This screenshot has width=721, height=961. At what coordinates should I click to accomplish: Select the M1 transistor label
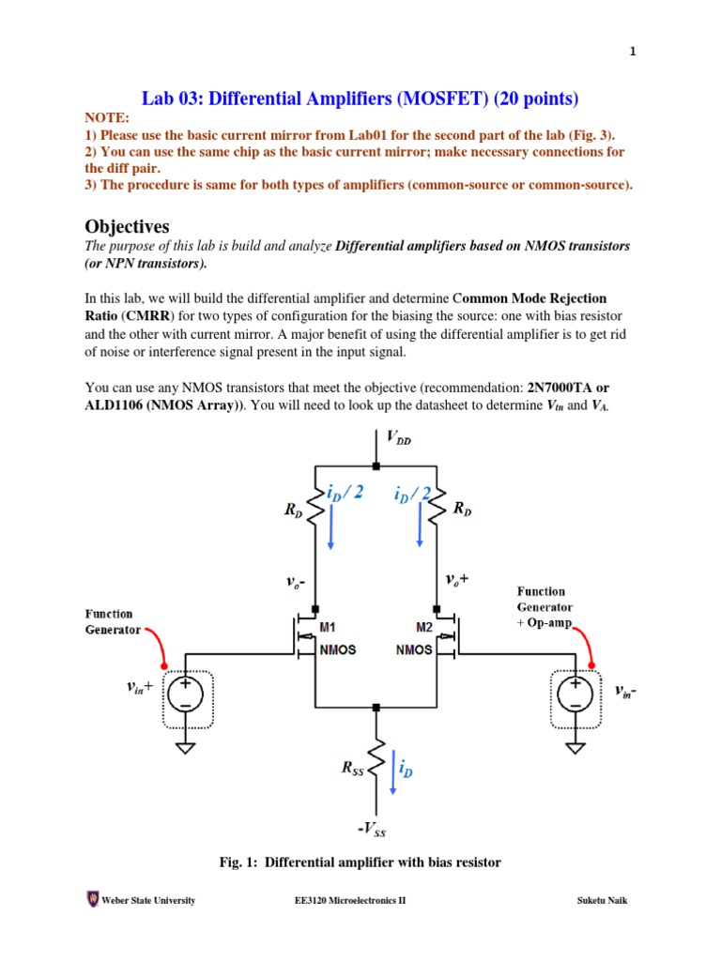328,627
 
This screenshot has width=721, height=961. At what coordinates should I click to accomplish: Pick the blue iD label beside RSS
406,770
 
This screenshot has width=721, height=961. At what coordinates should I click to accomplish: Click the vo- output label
299,582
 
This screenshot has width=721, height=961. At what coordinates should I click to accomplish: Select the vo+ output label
457,580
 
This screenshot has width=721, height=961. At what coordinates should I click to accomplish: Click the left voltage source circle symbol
186,694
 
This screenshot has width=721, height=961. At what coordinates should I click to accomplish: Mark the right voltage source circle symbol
574,694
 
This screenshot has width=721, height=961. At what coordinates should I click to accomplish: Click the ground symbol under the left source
186,748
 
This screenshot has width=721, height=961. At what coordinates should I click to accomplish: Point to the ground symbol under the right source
574,748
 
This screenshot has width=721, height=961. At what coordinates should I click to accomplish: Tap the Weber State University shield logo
92,900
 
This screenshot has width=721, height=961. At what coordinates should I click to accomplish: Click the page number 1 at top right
633,53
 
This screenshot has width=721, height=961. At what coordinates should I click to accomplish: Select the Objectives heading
127,226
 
